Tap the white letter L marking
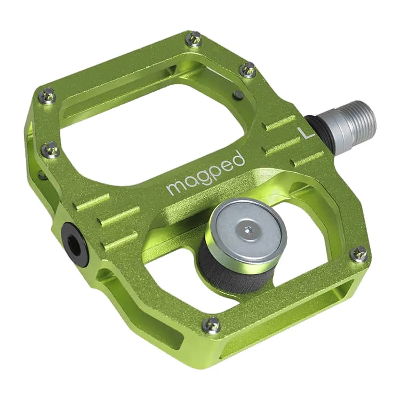point(307,133)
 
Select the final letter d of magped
point(238,159)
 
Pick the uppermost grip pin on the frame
point(195,39)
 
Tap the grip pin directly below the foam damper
point(211,325)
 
